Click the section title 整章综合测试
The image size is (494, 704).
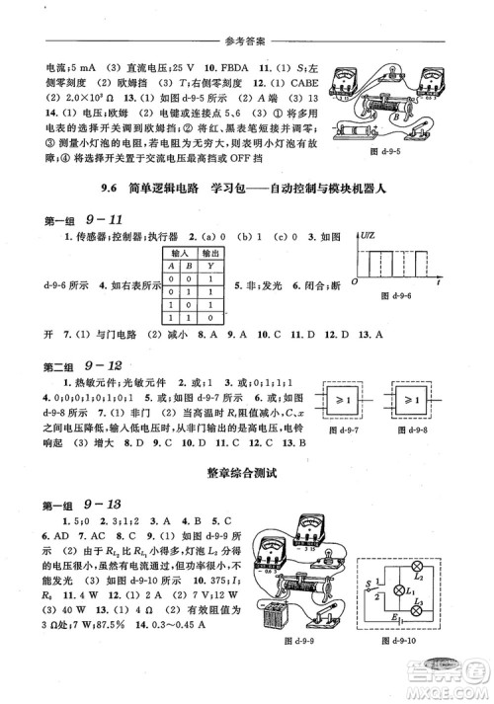click(x=247, y=472)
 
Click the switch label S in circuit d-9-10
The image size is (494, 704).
click(x=368, y=585)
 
